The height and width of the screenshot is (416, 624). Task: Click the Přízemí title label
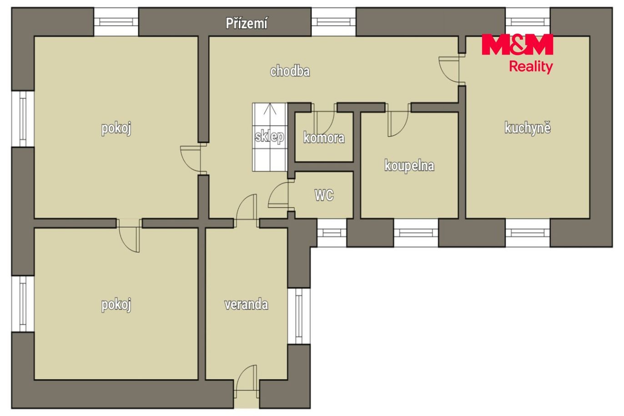[x=247, y=23]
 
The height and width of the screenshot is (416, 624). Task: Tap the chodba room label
[x=290, y=71]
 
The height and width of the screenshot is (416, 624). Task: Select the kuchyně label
[x=528, y=128]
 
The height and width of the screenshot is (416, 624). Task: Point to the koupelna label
[x=409, y=166]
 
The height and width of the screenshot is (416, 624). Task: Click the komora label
[x=324, y=138]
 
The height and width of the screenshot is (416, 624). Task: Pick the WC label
[x=324, y=195]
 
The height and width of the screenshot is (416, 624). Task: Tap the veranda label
[x=246, y=304]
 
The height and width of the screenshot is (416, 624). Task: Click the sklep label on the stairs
[x=269, y=137]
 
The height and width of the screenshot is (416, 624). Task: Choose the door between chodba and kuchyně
[x=451, y=69]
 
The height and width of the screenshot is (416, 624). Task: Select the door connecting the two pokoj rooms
[x=129, y=236]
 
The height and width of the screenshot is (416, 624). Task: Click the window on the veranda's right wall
[x=299, y=316]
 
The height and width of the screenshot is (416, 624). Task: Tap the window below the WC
[x=332, y=233]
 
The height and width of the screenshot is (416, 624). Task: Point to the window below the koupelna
[x=416, y=233]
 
